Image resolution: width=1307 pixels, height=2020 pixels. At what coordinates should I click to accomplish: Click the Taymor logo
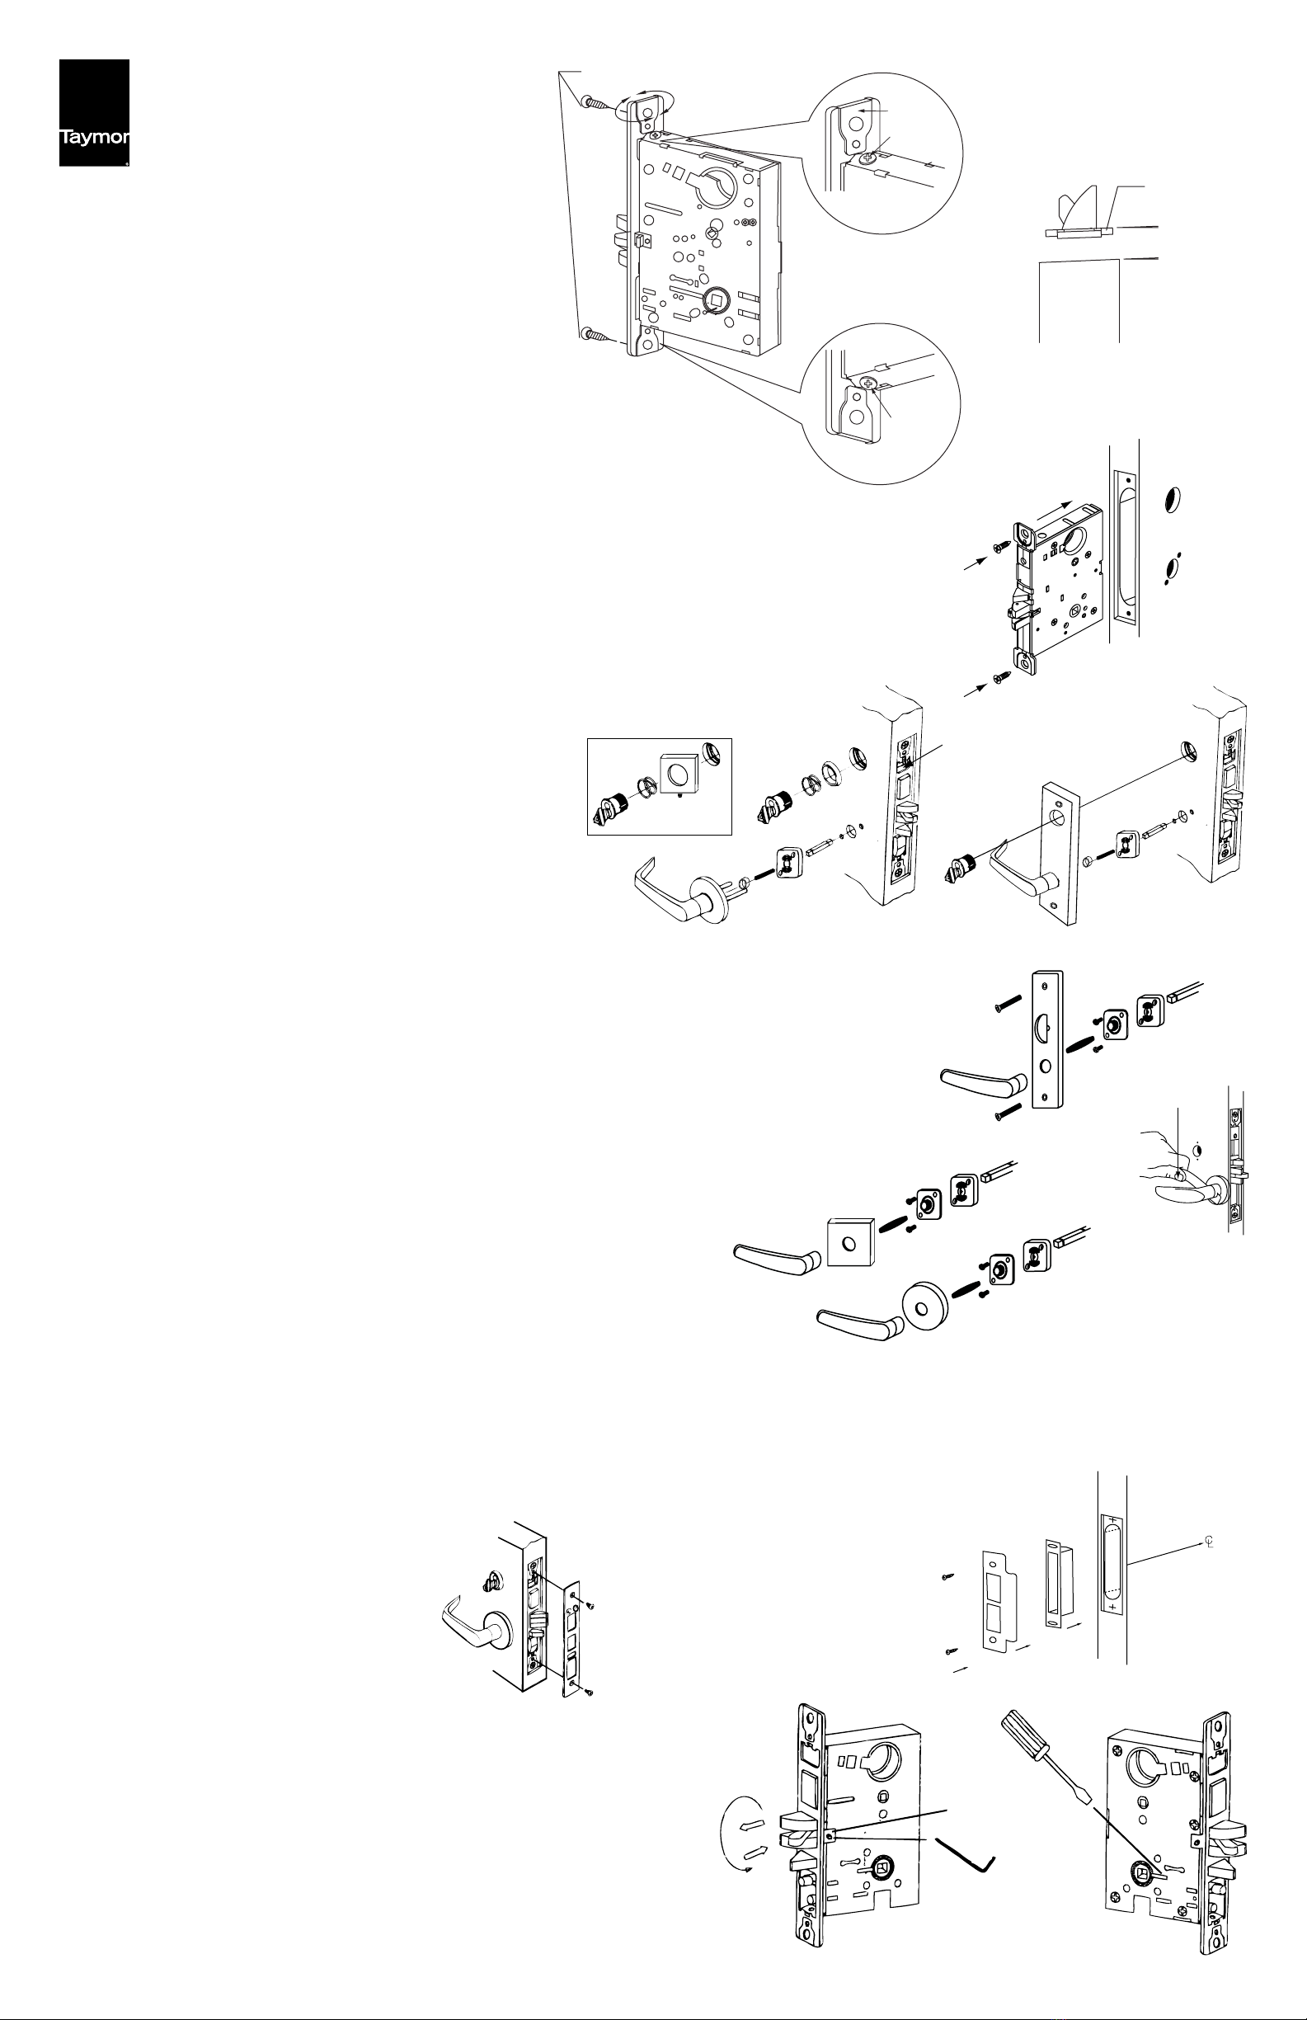93,113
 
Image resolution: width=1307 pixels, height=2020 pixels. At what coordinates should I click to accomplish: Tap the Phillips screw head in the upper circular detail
866,158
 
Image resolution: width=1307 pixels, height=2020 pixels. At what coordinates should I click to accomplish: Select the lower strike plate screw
950,1650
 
